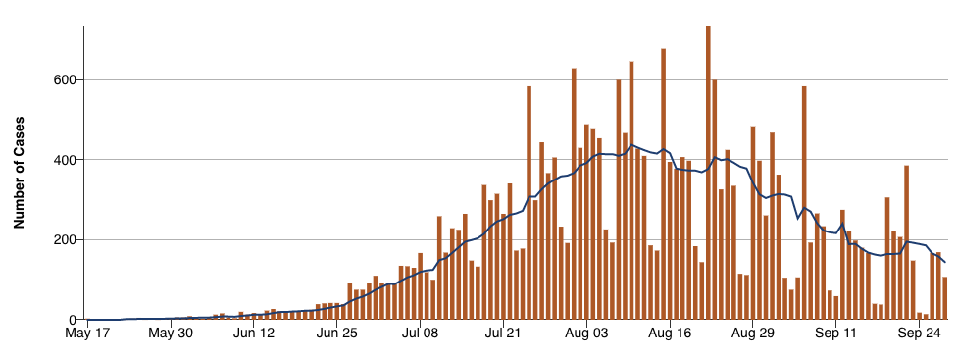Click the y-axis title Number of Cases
pos(19,173)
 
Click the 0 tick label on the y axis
pos(73,320)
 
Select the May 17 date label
pos(87,336)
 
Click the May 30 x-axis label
pos(171,336)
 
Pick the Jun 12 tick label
pos(253,336)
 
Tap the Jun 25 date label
pos(336,336)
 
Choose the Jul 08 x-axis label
pos(420,336)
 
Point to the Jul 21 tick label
pos(502,336)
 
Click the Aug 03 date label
pos(585,336)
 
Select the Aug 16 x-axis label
pos(669,336)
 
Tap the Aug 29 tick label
pos(752,336)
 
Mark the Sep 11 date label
pos(835,336)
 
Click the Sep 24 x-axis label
pos(918,336)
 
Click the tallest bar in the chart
pos(708,177)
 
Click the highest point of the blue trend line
pos(632,145)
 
